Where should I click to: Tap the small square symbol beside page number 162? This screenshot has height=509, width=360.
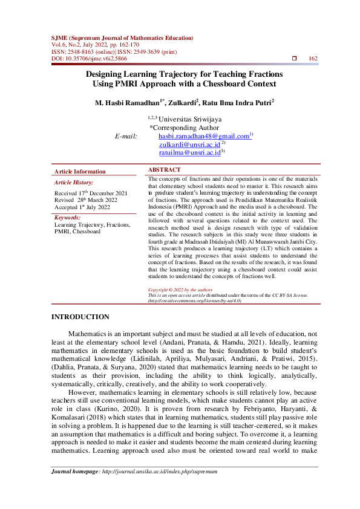(x=294, y=59)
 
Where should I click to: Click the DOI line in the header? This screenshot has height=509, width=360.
(x=90, y=59)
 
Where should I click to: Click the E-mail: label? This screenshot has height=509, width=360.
(x=126, y=137)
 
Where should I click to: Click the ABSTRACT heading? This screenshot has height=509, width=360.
(x=164, y=170)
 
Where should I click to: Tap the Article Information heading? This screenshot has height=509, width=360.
(x=80, y=172)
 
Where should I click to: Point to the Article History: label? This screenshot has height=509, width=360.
(x=74, y=182)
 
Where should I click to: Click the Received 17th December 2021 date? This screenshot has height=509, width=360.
(x=91, y=193)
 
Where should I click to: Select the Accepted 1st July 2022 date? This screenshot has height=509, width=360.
(x=82, y=207)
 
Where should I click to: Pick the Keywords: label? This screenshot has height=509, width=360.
(x=68, y=217)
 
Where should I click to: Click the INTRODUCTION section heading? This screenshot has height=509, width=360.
(x=80, y=317)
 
